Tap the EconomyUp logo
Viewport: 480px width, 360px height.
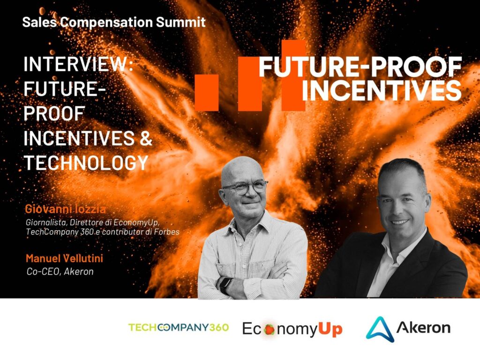292,329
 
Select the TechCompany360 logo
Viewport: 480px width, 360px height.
179,327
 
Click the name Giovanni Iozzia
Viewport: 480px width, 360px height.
65,209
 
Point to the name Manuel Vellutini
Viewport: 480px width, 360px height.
64,258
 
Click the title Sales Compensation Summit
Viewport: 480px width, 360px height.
114,22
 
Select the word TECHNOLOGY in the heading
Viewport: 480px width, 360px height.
86,162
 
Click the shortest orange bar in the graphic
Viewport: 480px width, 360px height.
207,92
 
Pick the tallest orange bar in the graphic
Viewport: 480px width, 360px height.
293,75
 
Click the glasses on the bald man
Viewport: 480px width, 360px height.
245,187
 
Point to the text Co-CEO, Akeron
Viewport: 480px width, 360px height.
60,271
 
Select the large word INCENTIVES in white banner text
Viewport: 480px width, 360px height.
382,90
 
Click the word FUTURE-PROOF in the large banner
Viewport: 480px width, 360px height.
360,67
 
